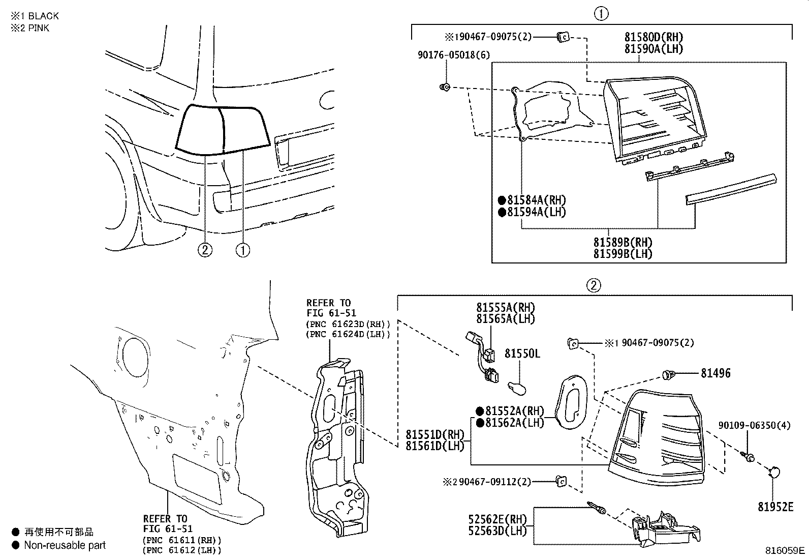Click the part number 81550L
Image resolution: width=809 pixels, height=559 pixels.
[522, 353]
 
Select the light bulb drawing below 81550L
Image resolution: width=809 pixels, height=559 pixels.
[519, 390]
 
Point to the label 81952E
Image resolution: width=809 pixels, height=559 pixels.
[775, 507]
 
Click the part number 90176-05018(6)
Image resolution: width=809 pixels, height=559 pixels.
[453, 55]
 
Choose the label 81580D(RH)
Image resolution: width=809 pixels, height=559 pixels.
[654, 37]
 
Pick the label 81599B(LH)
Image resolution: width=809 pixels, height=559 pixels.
[623, 253]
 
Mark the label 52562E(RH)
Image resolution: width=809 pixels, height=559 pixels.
[497, 519]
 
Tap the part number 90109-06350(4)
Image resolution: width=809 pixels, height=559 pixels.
[754, 425]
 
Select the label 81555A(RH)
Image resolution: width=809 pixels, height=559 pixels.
[506, 307]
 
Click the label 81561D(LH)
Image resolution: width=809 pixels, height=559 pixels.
[435, 446]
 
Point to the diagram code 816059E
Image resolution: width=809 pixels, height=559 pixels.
[785, 550]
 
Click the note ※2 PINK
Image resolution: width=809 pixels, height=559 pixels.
[30, 28]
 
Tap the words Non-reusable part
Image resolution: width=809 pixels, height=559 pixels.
[65, 545]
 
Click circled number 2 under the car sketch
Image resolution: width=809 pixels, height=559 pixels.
[205, 250]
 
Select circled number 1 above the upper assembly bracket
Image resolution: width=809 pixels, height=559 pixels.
[601, 14]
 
